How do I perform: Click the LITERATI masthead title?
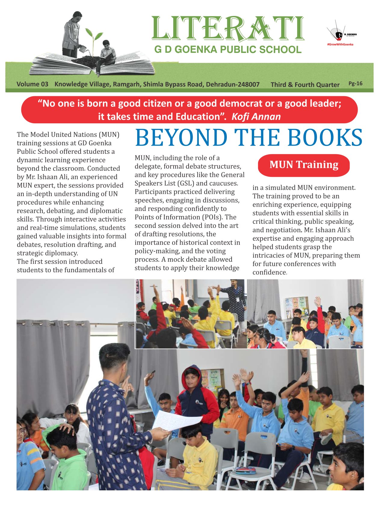[x=228, y=29]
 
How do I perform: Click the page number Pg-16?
[x=355, y=84]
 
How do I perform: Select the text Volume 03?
[x=32, y=84]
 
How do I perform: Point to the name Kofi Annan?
[x=256, y=117]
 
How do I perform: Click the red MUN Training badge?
[x=304, y=165]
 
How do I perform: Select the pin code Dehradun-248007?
[x=233, y=84]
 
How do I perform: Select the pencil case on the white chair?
[x=245, y=470]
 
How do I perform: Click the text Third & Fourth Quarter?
[x=305, y=85]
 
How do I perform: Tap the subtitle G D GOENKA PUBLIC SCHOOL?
[x=228, y=50]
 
